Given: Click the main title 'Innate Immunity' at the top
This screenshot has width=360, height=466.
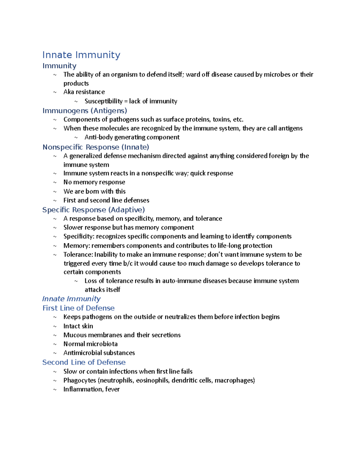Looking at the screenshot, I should click(x=81, y=55).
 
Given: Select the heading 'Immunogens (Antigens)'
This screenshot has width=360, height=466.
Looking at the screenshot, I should click(x=85, y=111).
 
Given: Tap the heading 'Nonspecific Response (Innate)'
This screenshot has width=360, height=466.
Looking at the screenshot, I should click(x=96, y=147).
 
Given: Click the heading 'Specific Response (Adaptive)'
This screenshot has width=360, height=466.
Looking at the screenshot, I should click(x=94, y=210).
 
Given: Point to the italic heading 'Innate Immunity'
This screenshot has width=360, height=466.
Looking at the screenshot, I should click(x=71, y=299).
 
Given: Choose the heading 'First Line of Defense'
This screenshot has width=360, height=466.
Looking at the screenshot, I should click(x=79, y=308).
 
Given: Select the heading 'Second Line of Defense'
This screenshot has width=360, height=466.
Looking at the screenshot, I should click(x=84, y=362).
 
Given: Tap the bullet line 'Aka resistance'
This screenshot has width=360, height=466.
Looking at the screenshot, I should click(x=84, y=92).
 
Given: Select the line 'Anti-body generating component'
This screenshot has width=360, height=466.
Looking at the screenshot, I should click(x=132, y=137).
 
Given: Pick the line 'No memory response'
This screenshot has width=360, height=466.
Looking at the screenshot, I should click(x=94, y=182).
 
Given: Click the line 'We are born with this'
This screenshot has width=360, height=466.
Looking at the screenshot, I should click(x=94, y=191).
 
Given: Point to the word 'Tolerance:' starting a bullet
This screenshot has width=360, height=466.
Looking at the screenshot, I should click(x=78, y=254).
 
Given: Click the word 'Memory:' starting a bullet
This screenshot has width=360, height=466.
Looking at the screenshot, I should click(x=76, y=245).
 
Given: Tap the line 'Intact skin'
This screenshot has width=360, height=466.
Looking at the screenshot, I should click(x=78, y=326).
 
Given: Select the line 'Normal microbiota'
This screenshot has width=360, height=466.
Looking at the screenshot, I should click(x=91, y=344).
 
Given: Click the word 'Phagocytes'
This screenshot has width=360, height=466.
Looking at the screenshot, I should click(x=79, y=380).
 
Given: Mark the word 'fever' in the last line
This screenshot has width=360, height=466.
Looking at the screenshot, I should click(x=112, y=389).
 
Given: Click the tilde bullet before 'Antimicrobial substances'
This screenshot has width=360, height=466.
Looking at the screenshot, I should click(x=55, y=353).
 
